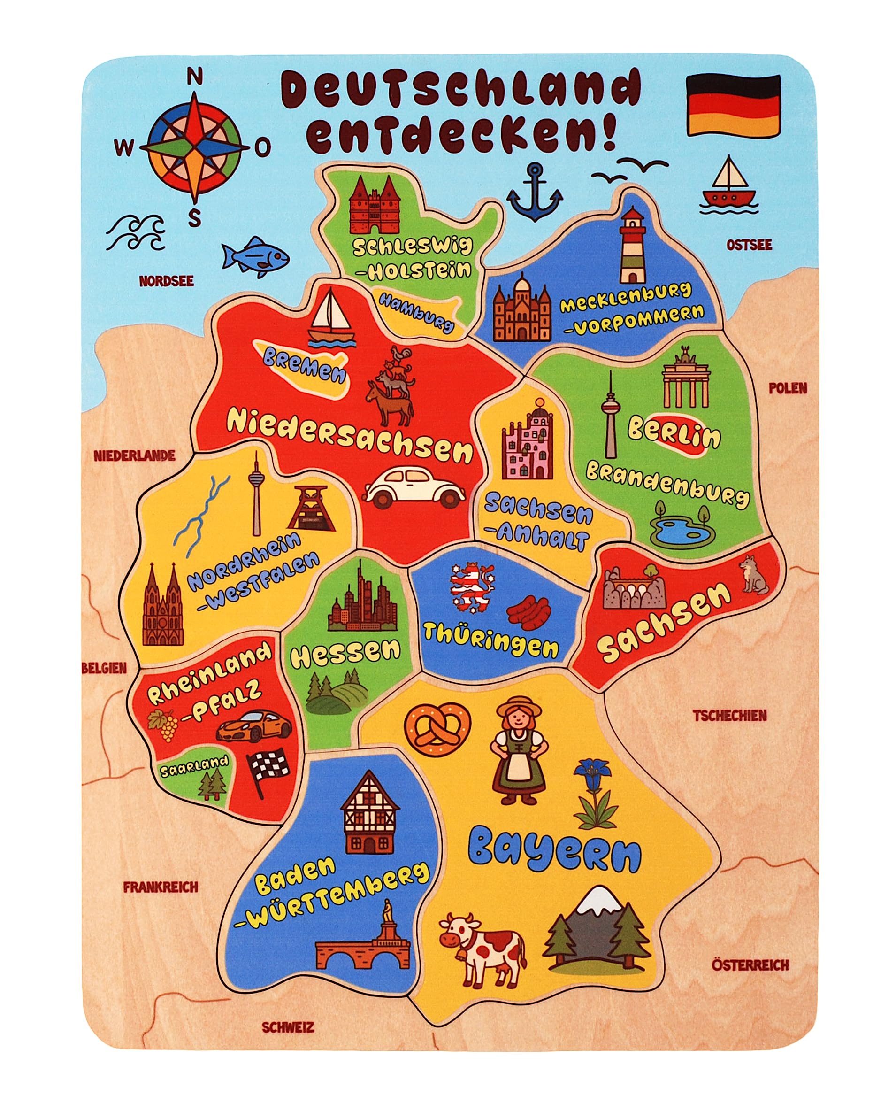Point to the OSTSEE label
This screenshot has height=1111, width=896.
[x=750, y=245]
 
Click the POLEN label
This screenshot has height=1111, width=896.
[x=788, y=388]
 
